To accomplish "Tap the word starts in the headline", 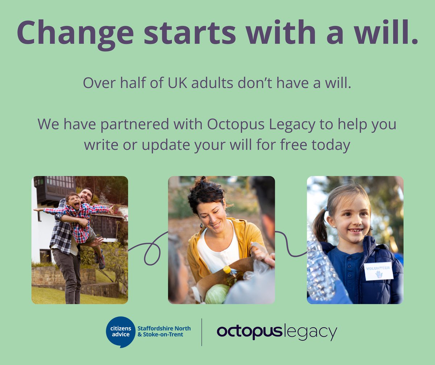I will pyautogui.click(x=190, y=33).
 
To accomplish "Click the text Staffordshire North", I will pyautogui.click(x=164, y=328).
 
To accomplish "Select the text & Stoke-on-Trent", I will pyautogui.click(x=160, y=335).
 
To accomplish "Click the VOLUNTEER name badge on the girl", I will pyautogui.click(x=378, y=271).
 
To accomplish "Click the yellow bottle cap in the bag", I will pyautogui.click(x=227, y=270).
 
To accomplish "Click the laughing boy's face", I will pyautogui.click(x=74, y=201).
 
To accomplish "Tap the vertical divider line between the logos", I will pyautogui.click(x=202, y=332).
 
